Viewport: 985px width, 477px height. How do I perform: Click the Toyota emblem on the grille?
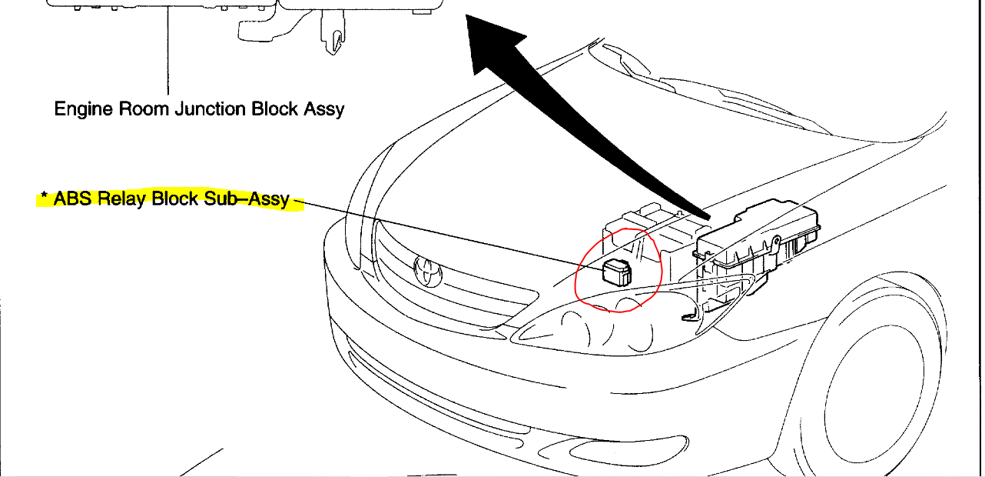(x=426, y=269)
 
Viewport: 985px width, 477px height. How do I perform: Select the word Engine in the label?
(x=84, y=109)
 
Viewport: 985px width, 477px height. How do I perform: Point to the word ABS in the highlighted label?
(x=74, y=198)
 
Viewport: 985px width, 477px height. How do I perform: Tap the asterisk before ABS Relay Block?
(x=45, y=198)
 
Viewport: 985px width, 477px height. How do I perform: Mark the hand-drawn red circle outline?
(x=578, y=277)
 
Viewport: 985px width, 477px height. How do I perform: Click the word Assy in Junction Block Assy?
(x=323, y=109)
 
